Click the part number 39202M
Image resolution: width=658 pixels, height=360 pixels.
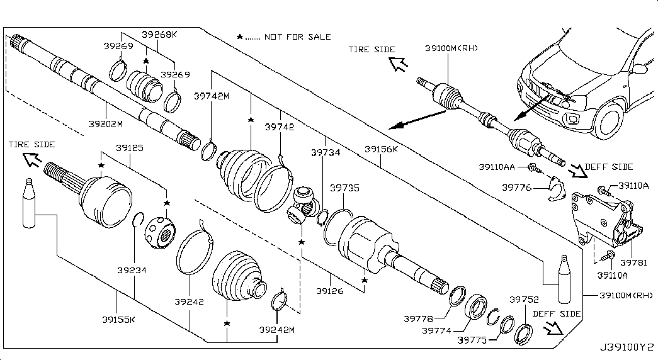click(105, 124)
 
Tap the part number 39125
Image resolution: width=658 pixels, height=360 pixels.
click(130, 149)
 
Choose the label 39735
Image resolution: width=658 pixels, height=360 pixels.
click(344, 188)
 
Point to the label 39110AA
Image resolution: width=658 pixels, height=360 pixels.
click(496, 167)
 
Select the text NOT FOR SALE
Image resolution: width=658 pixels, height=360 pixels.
click(297, 37)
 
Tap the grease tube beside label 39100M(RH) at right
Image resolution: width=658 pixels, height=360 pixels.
click(563, 280)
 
